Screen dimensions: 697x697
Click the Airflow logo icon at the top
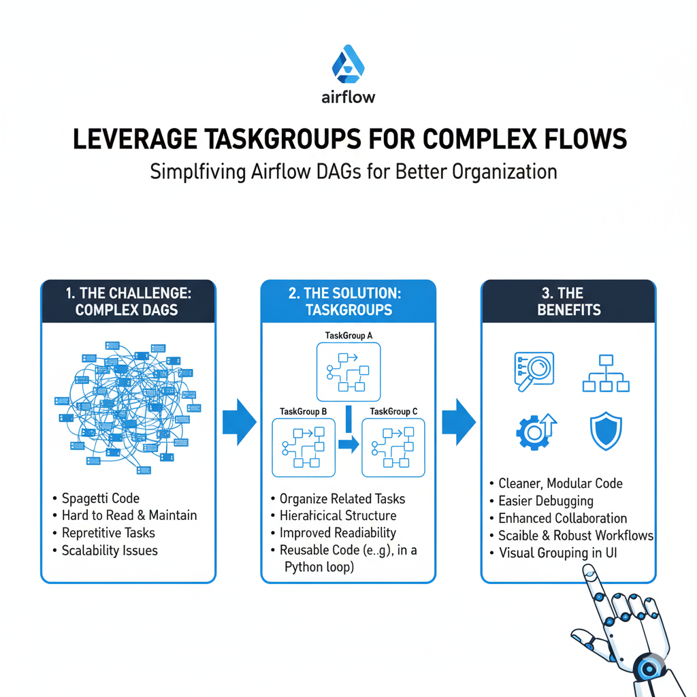(x=348, y=65)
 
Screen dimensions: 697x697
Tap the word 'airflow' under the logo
(x=348, y=97)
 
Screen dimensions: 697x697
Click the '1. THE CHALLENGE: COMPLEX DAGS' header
(x=128, y=301)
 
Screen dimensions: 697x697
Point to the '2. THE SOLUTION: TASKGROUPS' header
(x=348, y=301)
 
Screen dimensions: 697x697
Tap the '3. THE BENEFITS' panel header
(x=568, y=301)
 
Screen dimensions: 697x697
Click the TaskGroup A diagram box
(x=348, y=372)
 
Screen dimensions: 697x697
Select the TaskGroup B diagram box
(x=304, y=448)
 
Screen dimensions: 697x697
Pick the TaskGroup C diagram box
(x=393, y=448)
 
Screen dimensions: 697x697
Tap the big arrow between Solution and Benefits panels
(x=458, y=423)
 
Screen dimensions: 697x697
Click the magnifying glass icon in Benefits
(x=534, y=372)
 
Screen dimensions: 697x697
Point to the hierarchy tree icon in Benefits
(x=605, y=373)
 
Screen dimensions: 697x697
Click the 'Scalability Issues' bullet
(x=110, y=550)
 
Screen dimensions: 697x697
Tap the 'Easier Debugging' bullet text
(x=546, y=501)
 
